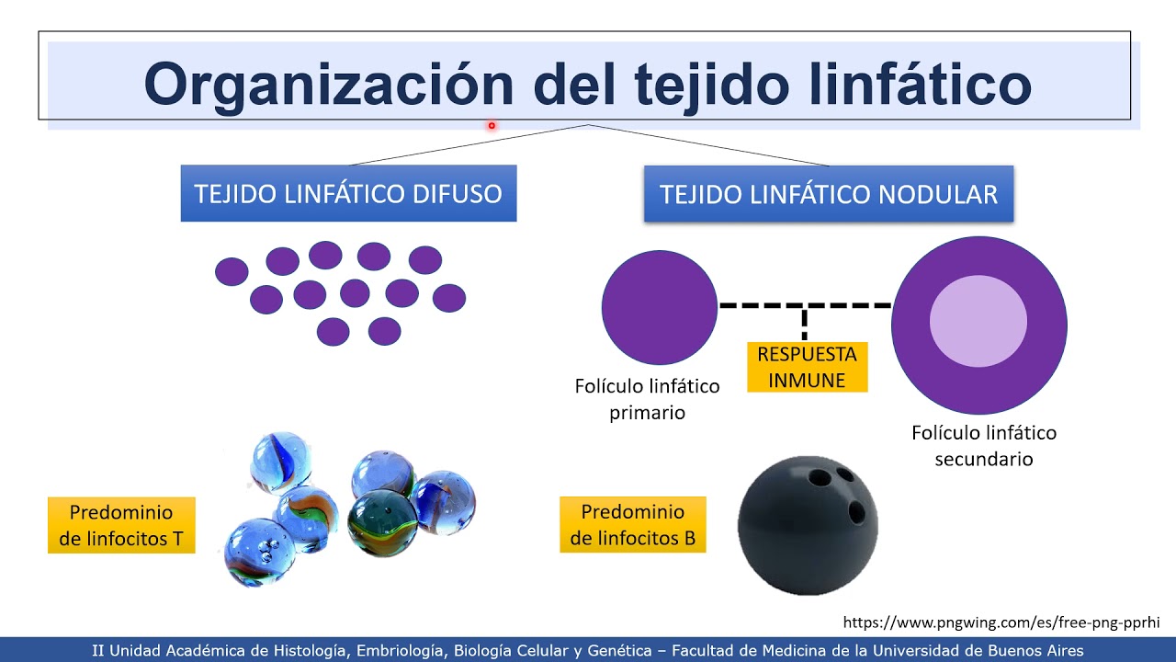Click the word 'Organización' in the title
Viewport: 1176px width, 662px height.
[x=328, y=85]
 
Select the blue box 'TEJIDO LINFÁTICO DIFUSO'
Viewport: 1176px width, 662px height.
[x=348, y=194]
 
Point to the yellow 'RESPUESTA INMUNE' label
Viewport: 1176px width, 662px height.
[x=807, y=367]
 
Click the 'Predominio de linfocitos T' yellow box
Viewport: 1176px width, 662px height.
[x=121, y=525]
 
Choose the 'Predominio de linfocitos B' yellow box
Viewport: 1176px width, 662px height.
[x=633, y=525]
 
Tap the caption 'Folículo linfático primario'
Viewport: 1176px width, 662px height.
[x=647, y=399]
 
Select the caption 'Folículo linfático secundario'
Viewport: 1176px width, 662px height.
[x=983, y=445]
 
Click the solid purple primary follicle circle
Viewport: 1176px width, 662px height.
[x=659, y=307]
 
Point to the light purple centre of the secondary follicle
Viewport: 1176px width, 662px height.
[x=978, y=321]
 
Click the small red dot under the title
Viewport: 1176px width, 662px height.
[x=492, y=126]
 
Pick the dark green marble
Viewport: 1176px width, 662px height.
[x=382, y=522]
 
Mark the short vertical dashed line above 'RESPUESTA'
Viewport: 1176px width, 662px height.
[x=805, y=324]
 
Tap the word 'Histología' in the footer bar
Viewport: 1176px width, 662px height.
[x=308, y=650]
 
